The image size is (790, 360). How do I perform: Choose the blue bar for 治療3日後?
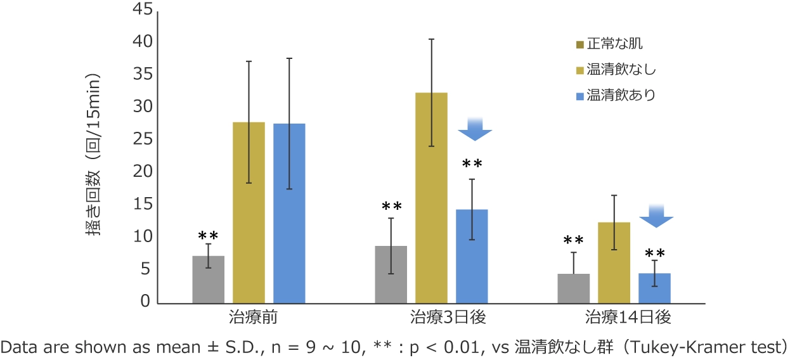[x=472, y=256]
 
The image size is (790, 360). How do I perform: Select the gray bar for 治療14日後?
[x=573, y=288]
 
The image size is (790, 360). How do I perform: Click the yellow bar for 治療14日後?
[x=614, y=262]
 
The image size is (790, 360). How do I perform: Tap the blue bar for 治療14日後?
[x=654, y=288]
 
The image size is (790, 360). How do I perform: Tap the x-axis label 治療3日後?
[x=441, y=316]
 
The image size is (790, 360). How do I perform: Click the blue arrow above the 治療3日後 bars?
[x=475, y=129]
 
